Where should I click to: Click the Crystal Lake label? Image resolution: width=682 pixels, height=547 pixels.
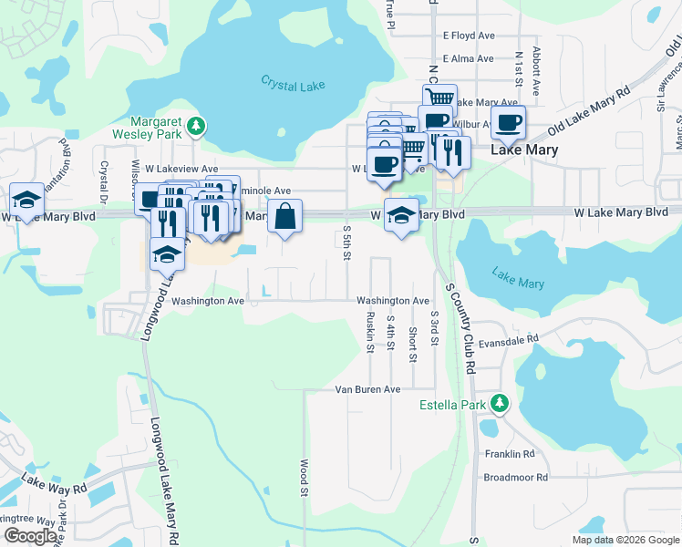click(293, 83)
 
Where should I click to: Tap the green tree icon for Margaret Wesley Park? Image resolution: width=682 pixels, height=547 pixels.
click(195, 125)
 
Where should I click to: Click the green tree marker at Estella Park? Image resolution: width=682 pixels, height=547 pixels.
click(499, 403)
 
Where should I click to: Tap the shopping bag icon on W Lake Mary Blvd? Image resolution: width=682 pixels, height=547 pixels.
click(284, 217)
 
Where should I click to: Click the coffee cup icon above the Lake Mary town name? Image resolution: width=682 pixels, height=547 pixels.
click(507, 122)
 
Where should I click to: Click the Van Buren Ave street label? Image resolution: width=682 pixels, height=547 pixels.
click(368, 389)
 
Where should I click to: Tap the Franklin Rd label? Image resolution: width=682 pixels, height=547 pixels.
click(535, 454)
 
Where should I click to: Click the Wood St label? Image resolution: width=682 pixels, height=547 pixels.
click(303, 477)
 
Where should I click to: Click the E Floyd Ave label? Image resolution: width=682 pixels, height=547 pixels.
click(469, 36)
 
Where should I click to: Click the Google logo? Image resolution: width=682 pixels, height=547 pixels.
click(30, 536)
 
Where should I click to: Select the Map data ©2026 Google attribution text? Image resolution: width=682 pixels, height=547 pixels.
click(625, 540)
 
